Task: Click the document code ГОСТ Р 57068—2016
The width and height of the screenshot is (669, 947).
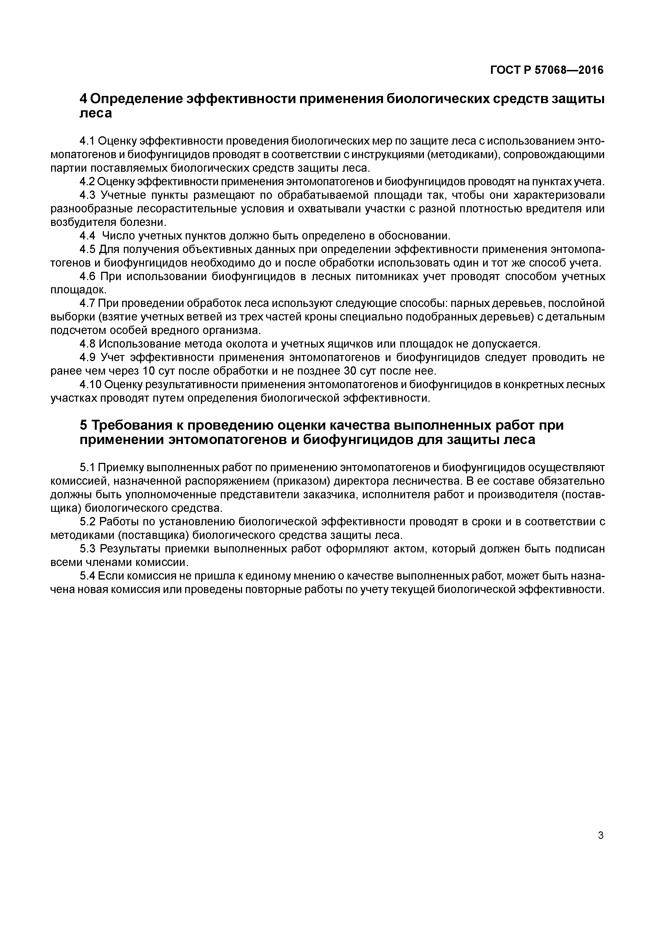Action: coord(547,71)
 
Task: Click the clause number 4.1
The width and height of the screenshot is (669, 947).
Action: coord(87,141)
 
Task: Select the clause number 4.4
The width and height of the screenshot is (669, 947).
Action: coord(87,236)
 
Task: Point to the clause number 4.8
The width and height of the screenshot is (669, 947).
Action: coord(87,344)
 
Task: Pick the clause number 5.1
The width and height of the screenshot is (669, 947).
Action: coord(87,467)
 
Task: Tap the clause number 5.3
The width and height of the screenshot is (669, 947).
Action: coord(87,549)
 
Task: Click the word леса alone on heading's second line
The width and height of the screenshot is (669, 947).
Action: coord(95,113)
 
